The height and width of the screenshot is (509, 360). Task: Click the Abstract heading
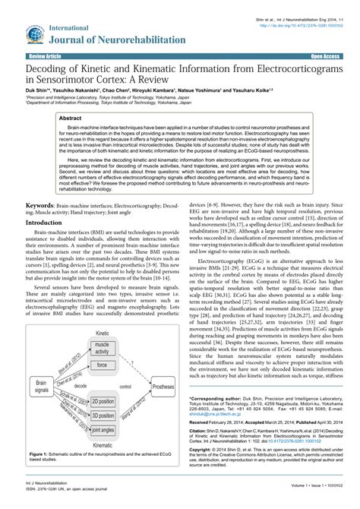pyautogui.click(x=71, y=120)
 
